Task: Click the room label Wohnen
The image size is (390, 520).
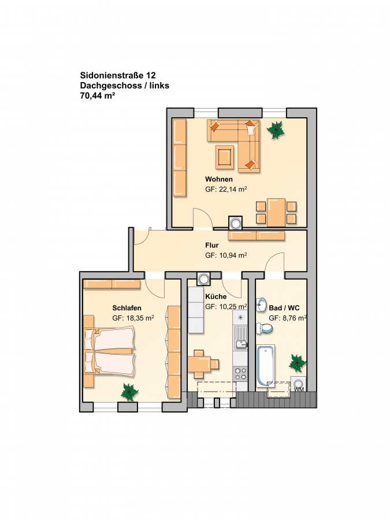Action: point(218,180)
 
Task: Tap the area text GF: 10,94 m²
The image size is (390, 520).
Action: point(226,255)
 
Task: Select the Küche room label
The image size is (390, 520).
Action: point(216,296)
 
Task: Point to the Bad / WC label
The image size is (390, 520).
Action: point(284,308)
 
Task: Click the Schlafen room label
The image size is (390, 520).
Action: point(127,308)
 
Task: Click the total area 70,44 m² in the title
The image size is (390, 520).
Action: point(98,96)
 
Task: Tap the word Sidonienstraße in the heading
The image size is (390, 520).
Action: point(111,76)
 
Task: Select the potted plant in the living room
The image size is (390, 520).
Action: point(276,129)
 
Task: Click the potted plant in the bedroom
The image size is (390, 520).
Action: point(129,392)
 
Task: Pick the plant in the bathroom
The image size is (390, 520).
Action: point(297,363)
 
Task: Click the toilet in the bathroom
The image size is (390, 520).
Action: point(265,328)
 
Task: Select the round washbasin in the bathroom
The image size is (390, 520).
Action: point(262,304)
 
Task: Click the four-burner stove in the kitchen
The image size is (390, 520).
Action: point(240,374)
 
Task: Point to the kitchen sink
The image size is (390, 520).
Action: point(241,337)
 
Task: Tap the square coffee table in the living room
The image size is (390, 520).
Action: point(225,155)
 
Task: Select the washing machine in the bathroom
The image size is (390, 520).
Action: point(299,384)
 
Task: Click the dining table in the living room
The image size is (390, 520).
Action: point(276,212)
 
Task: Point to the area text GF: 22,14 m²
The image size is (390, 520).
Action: point(226,190)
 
